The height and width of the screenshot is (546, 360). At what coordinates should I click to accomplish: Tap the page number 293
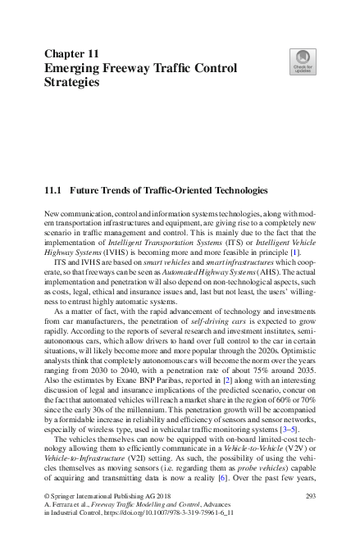[x=311, y=497]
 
